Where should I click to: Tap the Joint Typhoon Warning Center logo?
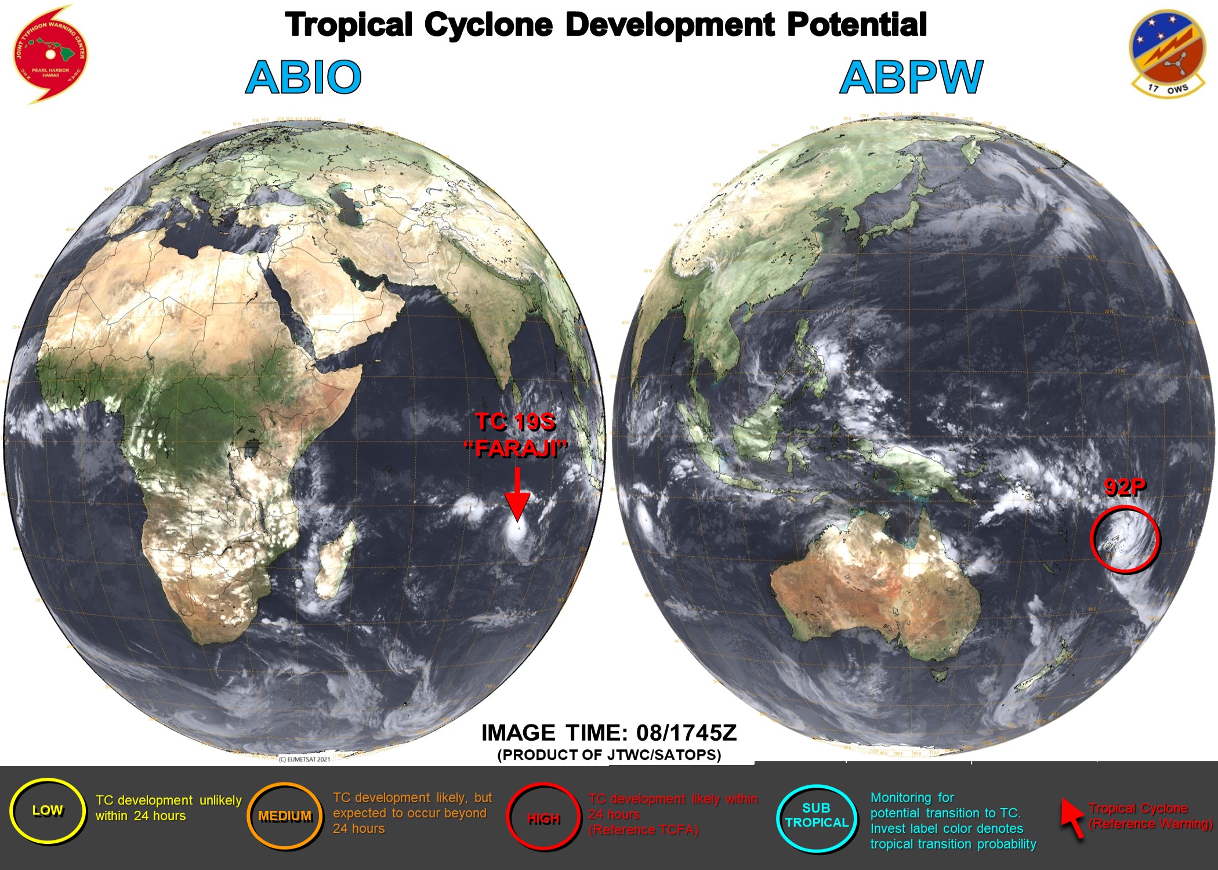50,55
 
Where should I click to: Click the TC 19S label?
516,422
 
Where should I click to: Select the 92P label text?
1125,487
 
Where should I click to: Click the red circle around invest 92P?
1125,539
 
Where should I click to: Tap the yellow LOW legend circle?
48,810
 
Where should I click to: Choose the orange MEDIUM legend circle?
285,816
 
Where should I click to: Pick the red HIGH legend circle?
543,818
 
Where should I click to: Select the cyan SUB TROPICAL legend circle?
816,815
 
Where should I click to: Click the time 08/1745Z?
686,733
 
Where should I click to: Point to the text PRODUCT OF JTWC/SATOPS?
609,755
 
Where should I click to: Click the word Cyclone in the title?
488,25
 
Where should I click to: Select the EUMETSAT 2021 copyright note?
304,759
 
